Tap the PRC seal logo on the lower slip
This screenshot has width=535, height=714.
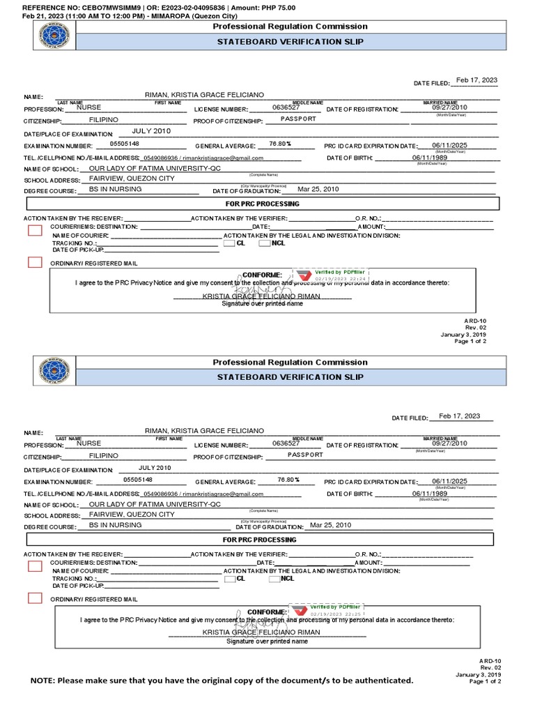54,371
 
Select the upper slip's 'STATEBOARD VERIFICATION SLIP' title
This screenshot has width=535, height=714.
290,41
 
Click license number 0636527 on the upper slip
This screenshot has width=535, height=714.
286,108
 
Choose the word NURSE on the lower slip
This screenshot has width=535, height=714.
88,443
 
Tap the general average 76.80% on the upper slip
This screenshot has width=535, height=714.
279,144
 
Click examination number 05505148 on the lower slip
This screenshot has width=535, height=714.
138,480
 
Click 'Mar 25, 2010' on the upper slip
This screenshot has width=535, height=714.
318,190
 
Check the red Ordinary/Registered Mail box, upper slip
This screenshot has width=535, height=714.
35,262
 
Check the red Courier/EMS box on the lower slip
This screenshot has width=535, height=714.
35,566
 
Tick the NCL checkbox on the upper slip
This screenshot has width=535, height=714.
265,243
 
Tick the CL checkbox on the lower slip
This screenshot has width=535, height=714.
229,579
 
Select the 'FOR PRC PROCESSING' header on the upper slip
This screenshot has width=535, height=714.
261,204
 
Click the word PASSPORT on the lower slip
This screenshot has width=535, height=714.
305,455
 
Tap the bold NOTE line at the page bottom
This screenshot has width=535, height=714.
222,680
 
